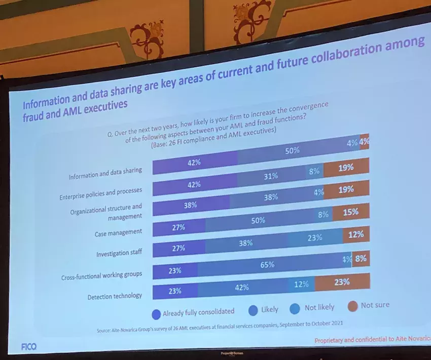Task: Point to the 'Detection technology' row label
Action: coord(115,296)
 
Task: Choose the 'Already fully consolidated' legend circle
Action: coord(156,313)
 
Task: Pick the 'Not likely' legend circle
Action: coord(295,308)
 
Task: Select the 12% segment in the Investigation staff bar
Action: coord(356,235)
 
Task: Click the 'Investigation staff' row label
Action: coord(119,253)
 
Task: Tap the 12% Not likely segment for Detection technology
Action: coord(301,285)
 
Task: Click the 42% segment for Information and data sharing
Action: coord(195,163)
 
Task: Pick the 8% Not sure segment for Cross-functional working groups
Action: coord(361,259)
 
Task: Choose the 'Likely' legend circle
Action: coord(253,310)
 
